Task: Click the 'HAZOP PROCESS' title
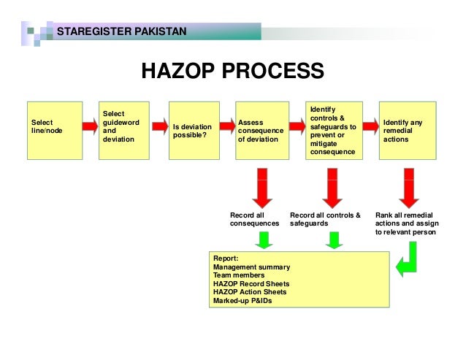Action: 232,71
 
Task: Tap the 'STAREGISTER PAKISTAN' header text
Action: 121,31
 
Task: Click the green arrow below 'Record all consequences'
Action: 264,240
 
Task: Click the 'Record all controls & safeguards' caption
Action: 325,219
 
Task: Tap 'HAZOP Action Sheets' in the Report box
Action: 250,291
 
